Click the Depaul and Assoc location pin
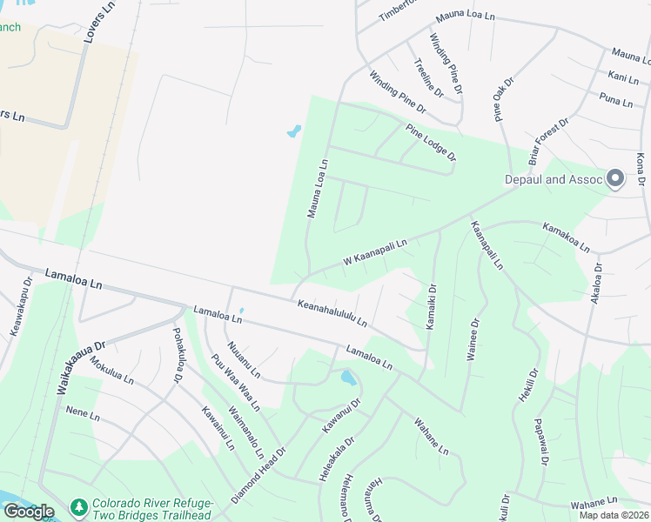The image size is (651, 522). coord(615,178)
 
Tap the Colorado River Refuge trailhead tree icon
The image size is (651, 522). coord(79,505)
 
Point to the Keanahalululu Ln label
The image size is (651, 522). coord(332,314)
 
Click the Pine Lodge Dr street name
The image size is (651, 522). coord(431,142)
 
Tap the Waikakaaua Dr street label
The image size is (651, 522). coord(81,367)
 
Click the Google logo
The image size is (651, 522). coord(28,512)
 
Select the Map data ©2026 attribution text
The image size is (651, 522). coord(614,515)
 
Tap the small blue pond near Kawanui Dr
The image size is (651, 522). coord(348,378)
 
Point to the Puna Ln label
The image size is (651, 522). coord(616,100)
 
